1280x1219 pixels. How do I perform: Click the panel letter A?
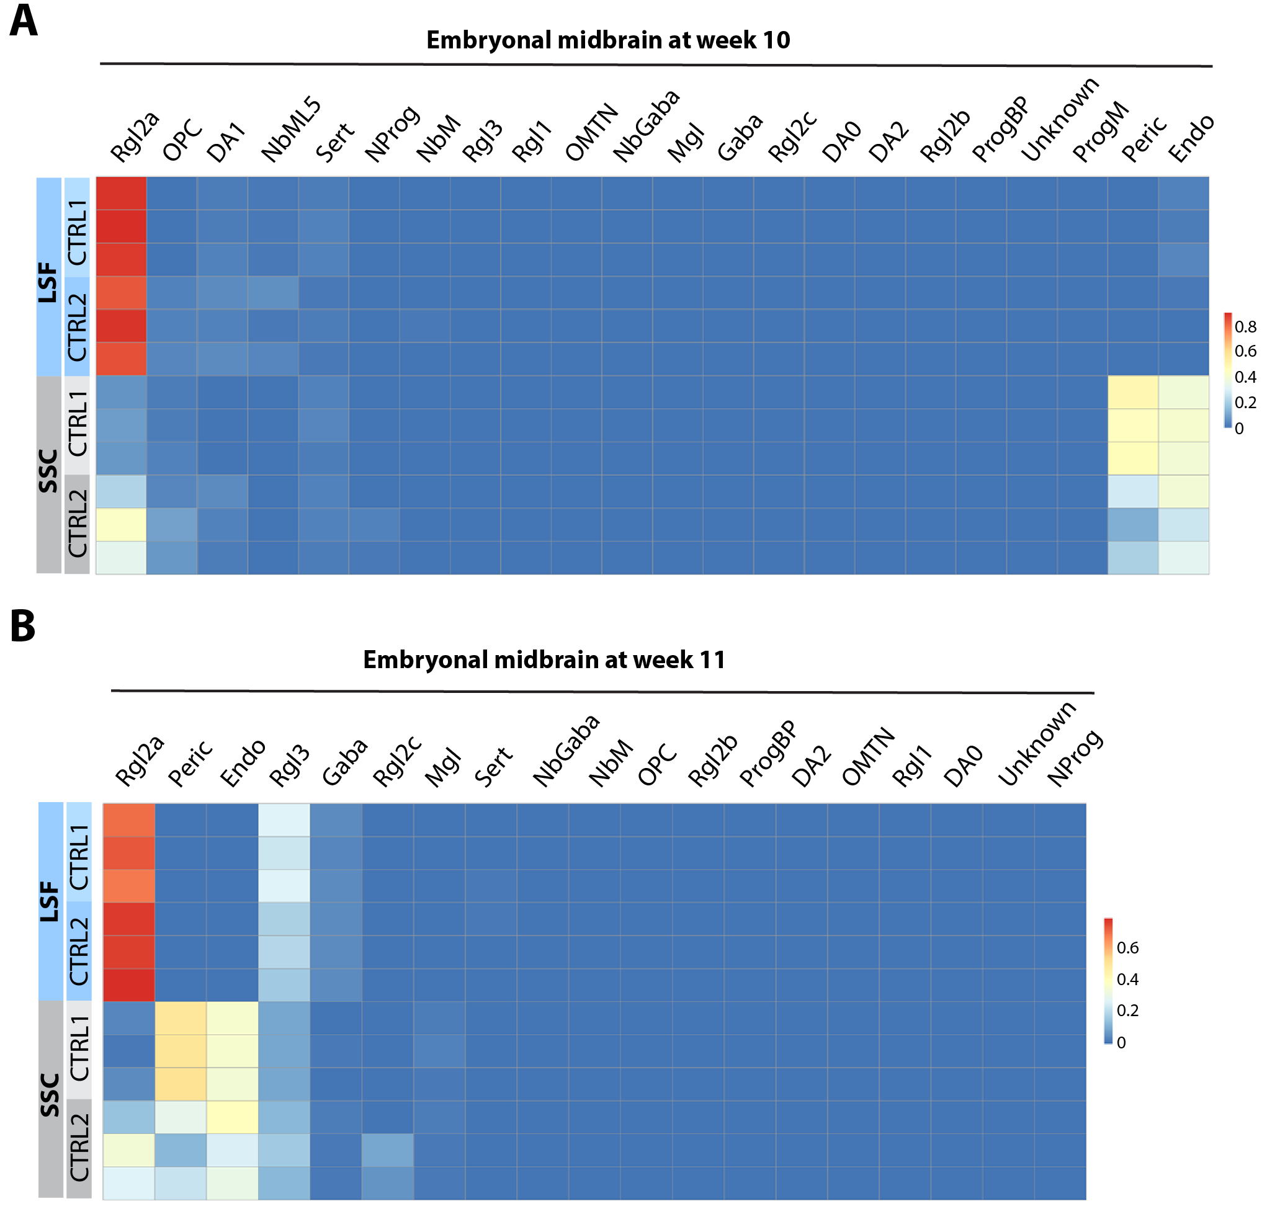click(24, 21)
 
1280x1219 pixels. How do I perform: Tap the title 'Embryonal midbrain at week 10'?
click(607, 40)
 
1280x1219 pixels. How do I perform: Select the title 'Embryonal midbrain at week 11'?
click(544, 659)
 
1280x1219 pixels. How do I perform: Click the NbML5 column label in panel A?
click(290, 130)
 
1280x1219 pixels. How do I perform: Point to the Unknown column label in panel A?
click(1059, 120)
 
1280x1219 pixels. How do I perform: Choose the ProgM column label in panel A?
click(1100, 133)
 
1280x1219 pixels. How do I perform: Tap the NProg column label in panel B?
click(1074, 758)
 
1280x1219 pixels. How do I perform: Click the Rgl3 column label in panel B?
click(290, 766)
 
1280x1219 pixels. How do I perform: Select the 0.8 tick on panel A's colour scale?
click(1245, 327)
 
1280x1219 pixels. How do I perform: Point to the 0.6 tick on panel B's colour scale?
click(1127, 948)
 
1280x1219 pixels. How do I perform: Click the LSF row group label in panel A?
click(48, 282)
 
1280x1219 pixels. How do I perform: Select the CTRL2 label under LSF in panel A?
click(78, 327)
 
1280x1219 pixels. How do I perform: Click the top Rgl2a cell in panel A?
click(121, 193)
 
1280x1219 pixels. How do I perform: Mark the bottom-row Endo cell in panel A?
click(1183, 558)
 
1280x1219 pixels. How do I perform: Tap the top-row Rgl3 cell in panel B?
click(284, 820)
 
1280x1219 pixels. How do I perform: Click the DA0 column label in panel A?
click(841, 141)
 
